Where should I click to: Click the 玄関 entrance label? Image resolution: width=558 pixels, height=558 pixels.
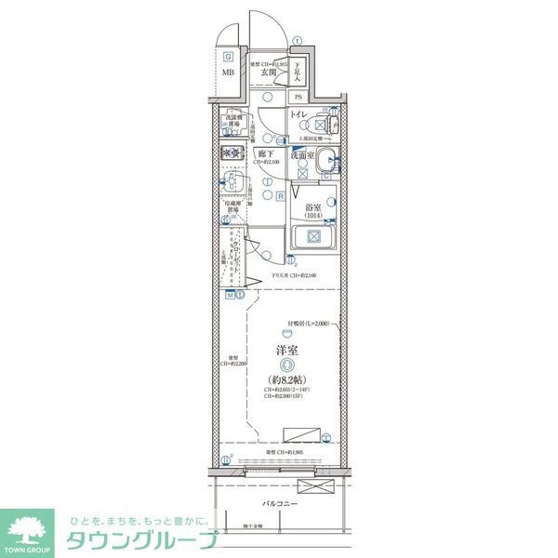pos(269,72)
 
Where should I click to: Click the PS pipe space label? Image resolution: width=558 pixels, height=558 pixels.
pos(299,97)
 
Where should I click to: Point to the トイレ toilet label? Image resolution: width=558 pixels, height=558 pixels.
pos(298,114)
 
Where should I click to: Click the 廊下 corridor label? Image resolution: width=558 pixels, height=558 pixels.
pos(264,154)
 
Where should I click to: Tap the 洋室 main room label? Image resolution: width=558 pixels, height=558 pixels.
pos(286,352)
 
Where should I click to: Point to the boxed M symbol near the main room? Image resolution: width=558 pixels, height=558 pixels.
pos(230,295)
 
